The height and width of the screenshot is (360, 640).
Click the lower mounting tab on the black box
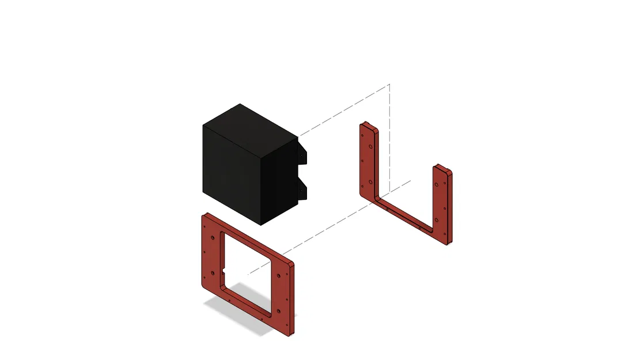point(303,188)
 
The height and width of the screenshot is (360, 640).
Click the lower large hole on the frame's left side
point(213,271)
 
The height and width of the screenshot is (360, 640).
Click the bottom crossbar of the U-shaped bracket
point(403,213)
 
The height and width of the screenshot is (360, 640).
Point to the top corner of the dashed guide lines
point(389,85)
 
